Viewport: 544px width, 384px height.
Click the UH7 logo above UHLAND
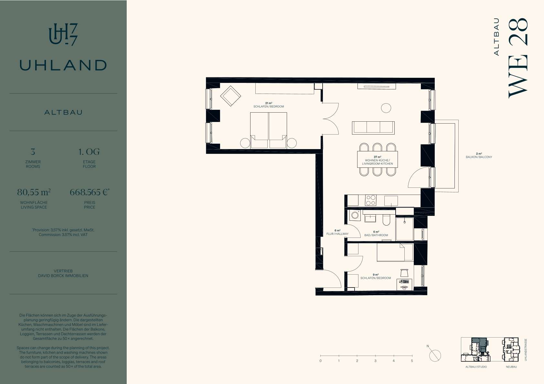point(63,35)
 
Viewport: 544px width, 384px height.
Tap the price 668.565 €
point(90,192)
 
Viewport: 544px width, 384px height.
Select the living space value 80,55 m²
point(34,192)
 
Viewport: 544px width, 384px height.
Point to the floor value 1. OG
point(89,152)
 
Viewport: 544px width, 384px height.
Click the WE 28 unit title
point(518,58)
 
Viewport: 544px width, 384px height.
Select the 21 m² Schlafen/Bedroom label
point(269,105)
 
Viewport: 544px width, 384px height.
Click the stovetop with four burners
point(371,200)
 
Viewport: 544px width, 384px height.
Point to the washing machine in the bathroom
point(355,215)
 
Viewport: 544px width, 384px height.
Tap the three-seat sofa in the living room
point(373,128)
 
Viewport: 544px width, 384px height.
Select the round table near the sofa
point(386,108)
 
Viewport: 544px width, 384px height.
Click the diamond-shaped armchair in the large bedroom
point(230,96)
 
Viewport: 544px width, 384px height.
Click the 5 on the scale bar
point(412,361)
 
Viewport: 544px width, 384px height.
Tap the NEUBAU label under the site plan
point(511,367)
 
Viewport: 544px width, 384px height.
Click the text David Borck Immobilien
point(63,276)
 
